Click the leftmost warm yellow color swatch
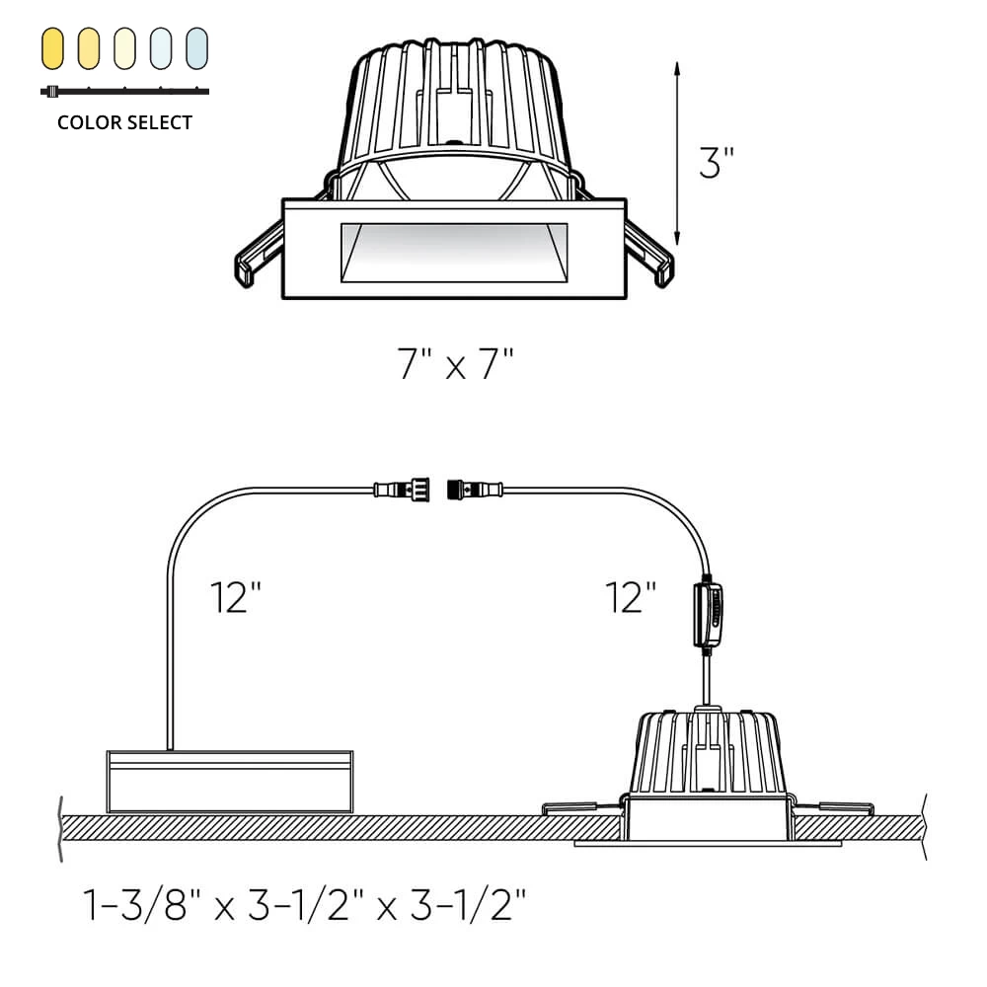(x=53, y=48)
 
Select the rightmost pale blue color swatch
(x=197, y=48)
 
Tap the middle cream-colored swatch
(x=124, y=48)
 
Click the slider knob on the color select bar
(x=52, y=91)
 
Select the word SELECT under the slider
(x=157, y=122)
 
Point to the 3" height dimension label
(x=717, y=163)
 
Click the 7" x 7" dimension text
(x=455, y=363)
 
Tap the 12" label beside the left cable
(x=236, y=597)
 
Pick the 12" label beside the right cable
(x=631, y=597)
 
